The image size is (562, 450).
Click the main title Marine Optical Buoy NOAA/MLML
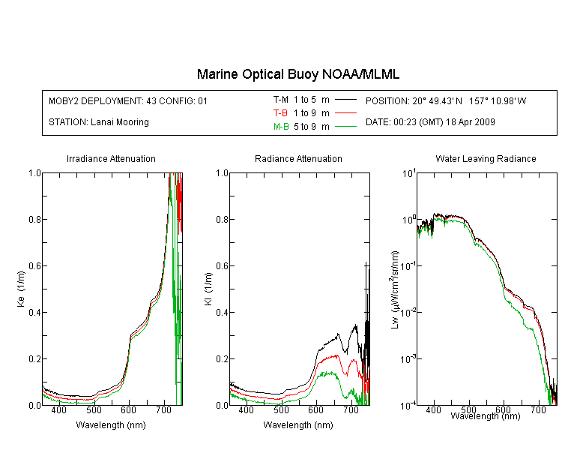tap(297, 74)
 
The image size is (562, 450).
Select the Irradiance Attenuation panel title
tap(111, 158)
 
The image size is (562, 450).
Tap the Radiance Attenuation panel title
tap(298, 158)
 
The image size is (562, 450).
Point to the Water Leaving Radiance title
tap(486, 158)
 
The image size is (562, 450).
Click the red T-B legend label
tap(280, 113)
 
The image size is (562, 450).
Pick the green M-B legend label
tap(281, 127)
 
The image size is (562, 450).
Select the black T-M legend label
tap(281, 100)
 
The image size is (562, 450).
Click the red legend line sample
tap(345, 113)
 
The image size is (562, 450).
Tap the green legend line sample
tap(345, 127)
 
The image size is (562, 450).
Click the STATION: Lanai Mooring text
tap(99, 122)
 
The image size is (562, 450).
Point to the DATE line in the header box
tap(430, 122)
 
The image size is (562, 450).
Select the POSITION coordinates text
tap(446, 100)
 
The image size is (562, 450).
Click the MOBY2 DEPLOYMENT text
tap(128, 100)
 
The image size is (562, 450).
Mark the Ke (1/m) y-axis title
tap(21, 289)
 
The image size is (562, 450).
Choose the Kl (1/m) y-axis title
tap(208, 289)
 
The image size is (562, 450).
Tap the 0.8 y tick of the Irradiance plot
tap(34, 219)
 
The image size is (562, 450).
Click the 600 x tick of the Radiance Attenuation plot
tap(315, 409)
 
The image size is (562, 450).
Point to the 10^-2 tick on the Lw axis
tap(408, 311)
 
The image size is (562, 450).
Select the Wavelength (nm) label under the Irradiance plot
tap(111, 425)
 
